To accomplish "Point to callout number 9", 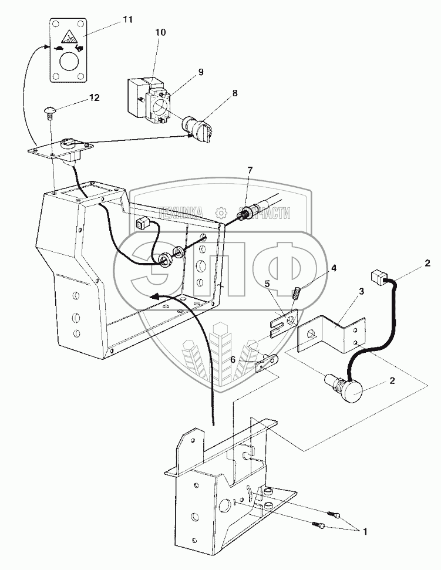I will [200, 72].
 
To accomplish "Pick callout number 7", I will [250, 170].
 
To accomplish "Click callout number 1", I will [365, 532].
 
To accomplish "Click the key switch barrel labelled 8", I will [196, 129].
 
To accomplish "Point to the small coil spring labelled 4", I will [297, 291].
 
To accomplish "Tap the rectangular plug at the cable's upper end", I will [380, 275].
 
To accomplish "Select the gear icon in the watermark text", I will [221, 212].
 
